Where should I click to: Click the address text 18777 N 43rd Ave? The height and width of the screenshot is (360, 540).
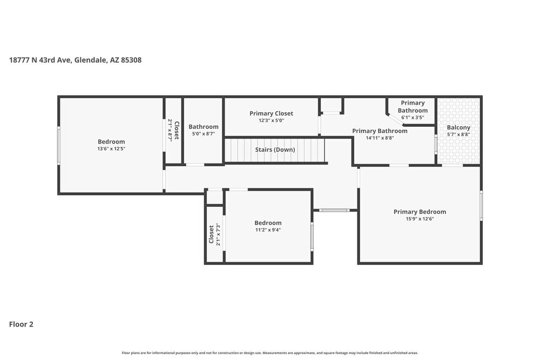point(40,60)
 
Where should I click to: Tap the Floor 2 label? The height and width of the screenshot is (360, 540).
point(21,324)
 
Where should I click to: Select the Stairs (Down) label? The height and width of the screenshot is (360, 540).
point(275,150)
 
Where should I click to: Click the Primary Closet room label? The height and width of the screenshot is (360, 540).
point(272,113)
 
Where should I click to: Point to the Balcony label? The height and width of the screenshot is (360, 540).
point(458,128)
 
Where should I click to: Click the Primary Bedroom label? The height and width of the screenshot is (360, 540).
point(420,212)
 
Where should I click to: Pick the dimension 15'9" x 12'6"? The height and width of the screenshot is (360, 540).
point(420,219)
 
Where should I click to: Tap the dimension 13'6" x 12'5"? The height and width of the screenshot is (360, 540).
point(111,148)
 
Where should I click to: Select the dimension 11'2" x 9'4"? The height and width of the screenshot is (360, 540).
point(268,230)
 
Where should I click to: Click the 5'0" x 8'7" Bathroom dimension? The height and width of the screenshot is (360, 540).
point(204,134)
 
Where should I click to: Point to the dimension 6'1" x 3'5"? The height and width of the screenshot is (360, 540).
point(413,117)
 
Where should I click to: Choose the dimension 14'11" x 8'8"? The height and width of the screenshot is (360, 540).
point(380,138)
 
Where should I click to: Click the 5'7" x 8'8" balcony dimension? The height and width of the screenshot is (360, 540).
point(458,134)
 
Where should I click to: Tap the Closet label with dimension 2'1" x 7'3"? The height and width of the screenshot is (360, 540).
point(211,234)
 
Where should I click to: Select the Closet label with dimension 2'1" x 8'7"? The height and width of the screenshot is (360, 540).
point(177,131)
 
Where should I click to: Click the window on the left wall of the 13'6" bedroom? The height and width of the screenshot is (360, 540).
point(58,145)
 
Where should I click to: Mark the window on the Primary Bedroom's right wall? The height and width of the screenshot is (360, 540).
point(481,206)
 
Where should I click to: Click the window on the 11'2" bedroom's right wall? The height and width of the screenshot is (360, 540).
point(312,236)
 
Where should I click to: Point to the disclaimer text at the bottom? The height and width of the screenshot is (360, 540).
point(269,353)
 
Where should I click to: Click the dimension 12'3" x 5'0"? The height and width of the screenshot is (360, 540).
point(272,120)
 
